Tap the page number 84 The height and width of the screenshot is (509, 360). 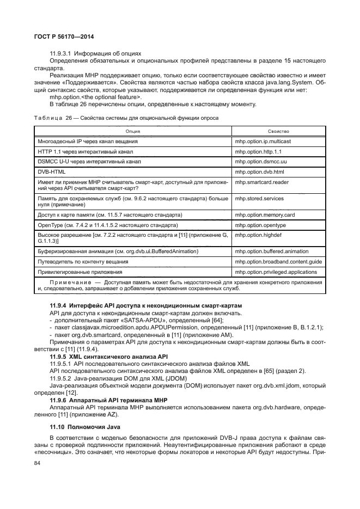38,464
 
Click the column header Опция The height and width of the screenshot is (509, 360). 132,131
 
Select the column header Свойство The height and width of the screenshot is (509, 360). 278,131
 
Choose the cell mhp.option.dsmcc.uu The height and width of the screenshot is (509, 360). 261,162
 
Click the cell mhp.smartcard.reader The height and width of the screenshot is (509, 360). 261,183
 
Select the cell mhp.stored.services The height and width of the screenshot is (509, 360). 260,199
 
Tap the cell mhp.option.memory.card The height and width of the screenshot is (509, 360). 264,215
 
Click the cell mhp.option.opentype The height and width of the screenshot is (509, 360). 260,225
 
